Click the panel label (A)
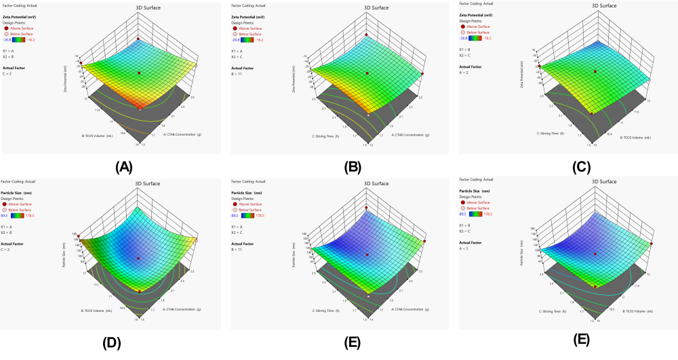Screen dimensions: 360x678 coord(124,165)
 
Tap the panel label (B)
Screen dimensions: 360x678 coord(352,165)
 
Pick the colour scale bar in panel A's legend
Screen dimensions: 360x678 coord(27,40)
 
